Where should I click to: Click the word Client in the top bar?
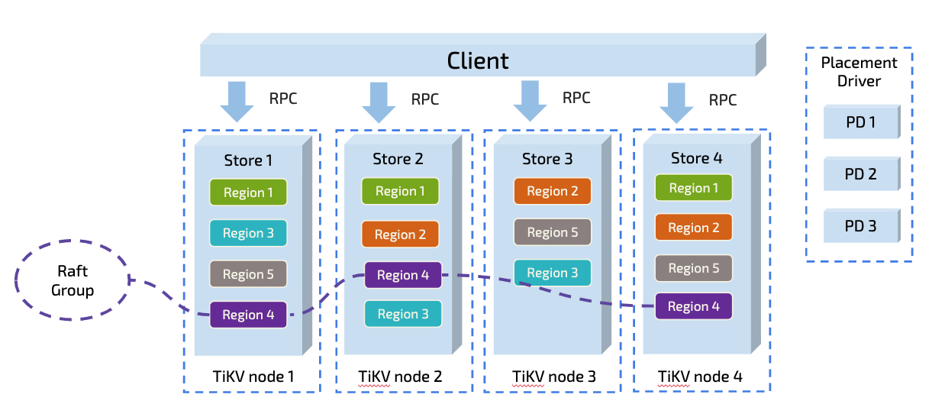click(x=478, y=60)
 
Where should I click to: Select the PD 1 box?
click(x=860, y=121)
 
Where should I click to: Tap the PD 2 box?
click(x=860, y=174)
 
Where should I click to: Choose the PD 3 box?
click(x=860, y=227)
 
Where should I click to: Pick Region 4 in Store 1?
click(x=248, y=315)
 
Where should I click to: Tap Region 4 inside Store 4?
click(x=693, y=306)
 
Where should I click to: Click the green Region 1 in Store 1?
click(x=248, y=192)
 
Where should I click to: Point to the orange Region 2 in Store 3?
click(x=552, y=192)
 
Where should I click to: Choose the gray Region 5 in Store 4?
click(x=693, y=268)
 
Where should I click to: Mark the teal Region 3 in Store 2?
click(x=402, y=314)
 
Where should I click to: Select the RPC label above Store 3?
click(x=576, y=98)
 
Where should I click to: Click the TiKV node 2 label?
click(x=400, y=377)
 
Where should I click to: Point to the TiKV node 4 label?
click(x=700, y=377)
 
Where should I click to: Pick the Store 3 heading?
click(x=547, y=159)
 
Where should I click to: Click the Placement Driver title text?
click(x=859, y=72)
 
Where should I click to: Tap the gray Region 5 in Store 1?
click(x=248, y=274)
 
